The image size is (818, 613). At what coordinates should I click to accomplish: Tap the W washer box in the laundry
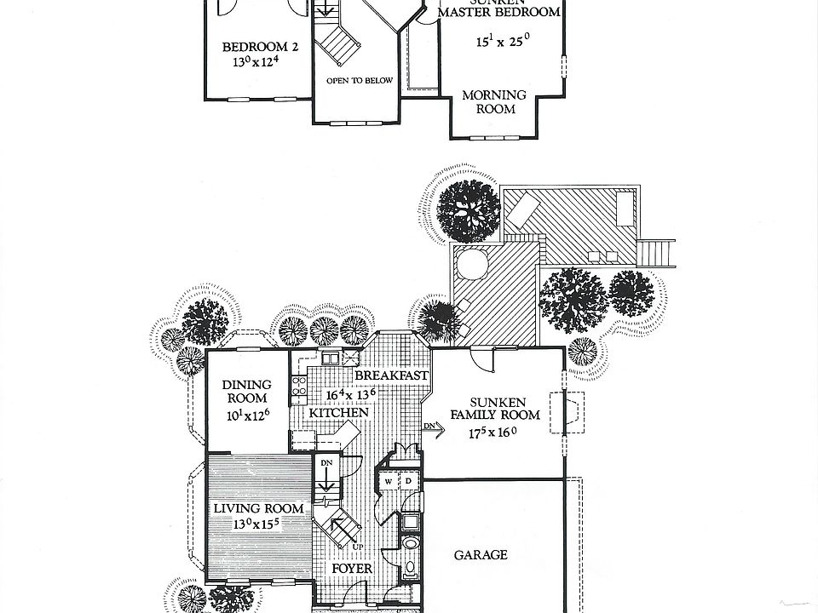click(389, 482)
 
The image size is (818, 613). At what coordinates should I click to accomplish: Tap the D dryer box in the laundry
click(407, 482)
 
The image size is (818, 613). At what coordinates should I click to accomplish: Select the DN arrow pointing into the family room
click(433, 430)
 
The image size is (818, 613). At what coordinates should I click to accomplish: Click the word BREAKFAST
click(390, 375)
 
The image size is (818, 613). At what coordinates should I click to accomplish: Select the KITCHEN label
click(338, 413)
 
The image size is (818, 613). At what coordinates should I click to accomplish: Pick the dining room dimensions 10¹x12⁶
click(248, 415)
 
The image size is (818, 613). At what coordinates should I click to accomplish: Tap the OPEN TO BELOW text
click(359, 81)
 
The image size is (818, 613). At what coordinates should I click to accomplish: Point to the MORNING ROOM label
click(494, 102)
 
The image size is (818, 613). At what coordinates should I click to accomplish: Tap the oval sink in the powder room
click(411, 542)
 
